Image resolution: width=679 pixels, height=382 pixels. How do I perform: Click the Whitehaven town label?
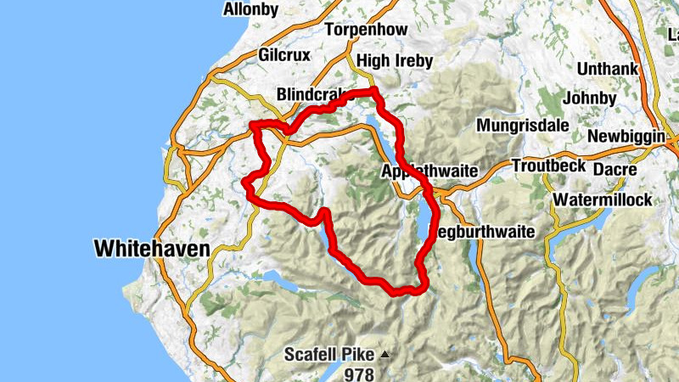tap(151, 249)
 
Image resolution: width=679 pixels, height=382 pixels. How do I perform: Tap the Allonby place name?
tap(250, 9)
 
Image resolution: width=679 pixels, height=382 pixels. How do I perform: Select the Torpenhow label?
tap(366, 30)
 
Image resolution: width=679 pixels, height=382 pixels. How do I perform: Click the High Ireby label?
tap(395, 61)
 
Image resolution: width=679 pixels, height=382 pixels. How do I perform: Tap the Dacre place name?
tap(609, 169)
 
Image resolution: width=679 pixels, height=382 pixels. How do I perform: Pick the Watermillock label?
tap(602, 200)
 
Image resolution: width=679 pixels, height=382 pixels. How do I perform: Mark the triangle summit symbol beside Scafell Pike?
tap(384, 353)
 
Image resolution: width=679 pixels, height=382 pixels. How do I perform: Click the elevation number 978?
tap(359, 374)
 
